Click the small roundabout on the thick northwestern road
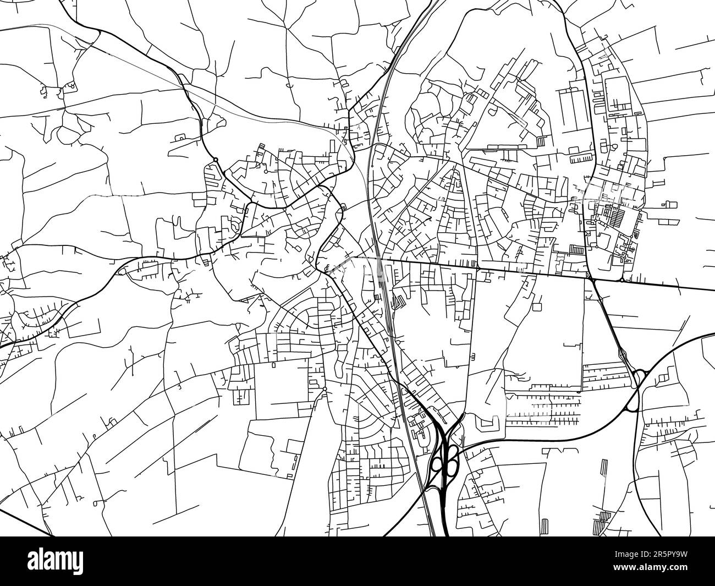[216, 160]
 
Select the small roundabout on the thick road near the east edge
[621, 280]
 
